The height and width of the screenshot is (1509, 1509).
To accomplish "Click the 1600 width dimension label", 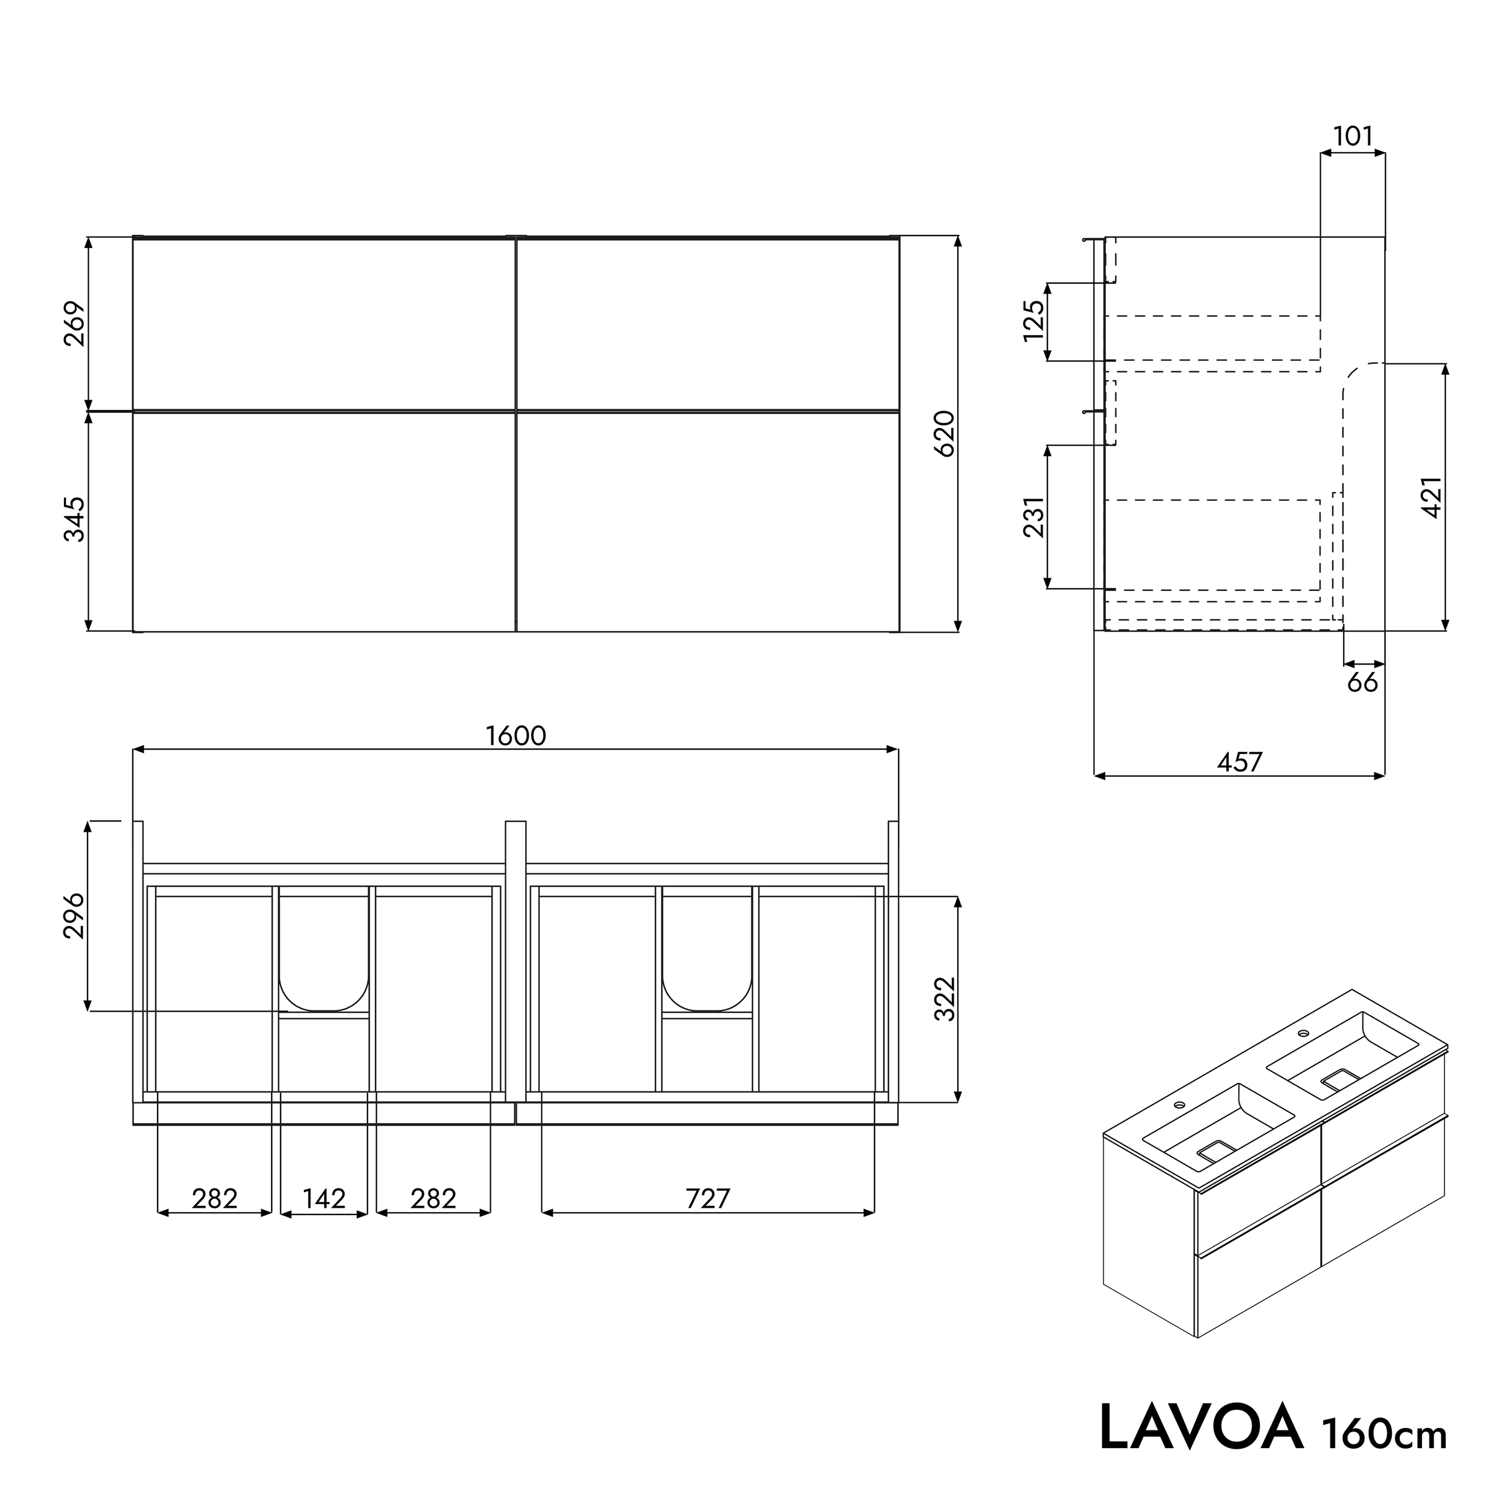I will (515, 736).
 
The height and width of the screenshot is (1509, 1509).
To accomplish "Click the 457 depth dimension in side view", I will (1240, 762).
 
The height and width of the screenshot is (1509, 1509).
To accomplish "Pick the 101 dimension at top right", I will (1353, 136).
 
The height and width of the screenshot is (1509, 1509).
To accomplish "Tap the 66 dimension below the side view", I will (1363, 683).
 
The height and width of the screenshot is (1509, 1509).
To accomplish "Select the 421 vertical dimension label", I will (1432, 497).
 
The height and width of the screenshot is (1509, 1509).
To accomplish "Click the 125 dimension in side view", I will (1033, 321).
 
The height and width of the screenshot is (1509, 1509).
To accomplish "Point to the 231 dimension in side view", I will (1033, 517).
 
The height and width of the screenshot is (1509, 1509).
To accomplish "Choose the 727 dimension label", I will (707, 1198).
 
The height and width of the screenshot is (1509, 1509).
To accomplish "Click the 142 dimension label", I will (324, 1198).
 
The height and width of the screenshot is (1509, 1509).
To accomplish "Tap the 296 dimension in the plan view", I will (74, 916).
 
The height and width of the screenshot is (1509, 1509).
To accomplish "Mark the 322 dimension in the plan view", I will (945, 998).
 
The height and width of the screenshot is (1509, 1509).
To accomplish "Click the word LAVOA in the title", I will (1201, 1428).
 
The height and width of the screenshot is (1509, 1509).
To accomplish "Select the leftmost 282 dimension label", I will (215, 1198).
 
